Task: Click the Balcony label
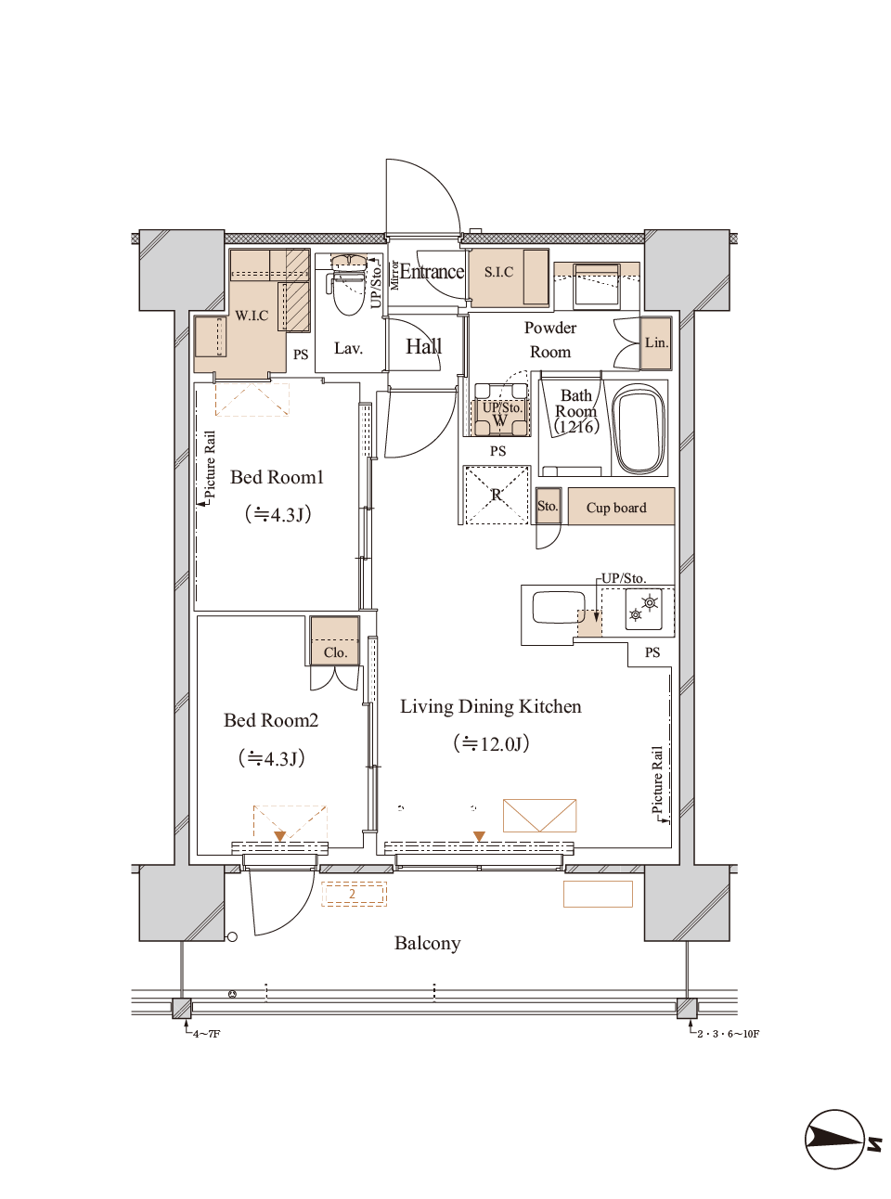click(427, 944)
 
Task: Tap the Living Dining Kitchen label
click(490, 707)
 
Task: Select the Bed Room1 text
click(277, 478)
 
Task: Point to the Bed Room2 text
click(271, 721)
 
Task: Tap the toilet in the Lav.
click(349, 292)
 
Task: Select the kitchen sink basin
click(554, 609)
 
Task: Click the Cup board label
click(616, 508)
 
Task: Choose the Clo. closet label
click(335, 652)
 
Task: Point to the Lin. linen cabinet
click(656, 342)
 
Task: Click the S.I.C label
click(498, 272)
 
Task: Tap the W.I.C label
click(252, 316)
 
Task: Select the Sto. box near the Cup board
click(548, 507)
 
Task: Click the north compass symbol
click(835, 1139)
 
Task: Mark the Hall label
click(423, 347)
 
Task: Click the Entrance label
click(432, 272)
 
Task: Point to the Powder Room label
click(550, 340)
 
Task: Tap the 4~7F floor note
click(206, 1034)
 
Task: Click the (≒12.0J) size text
click(491, 744)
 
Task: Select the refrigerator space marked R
click(497, 495)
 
